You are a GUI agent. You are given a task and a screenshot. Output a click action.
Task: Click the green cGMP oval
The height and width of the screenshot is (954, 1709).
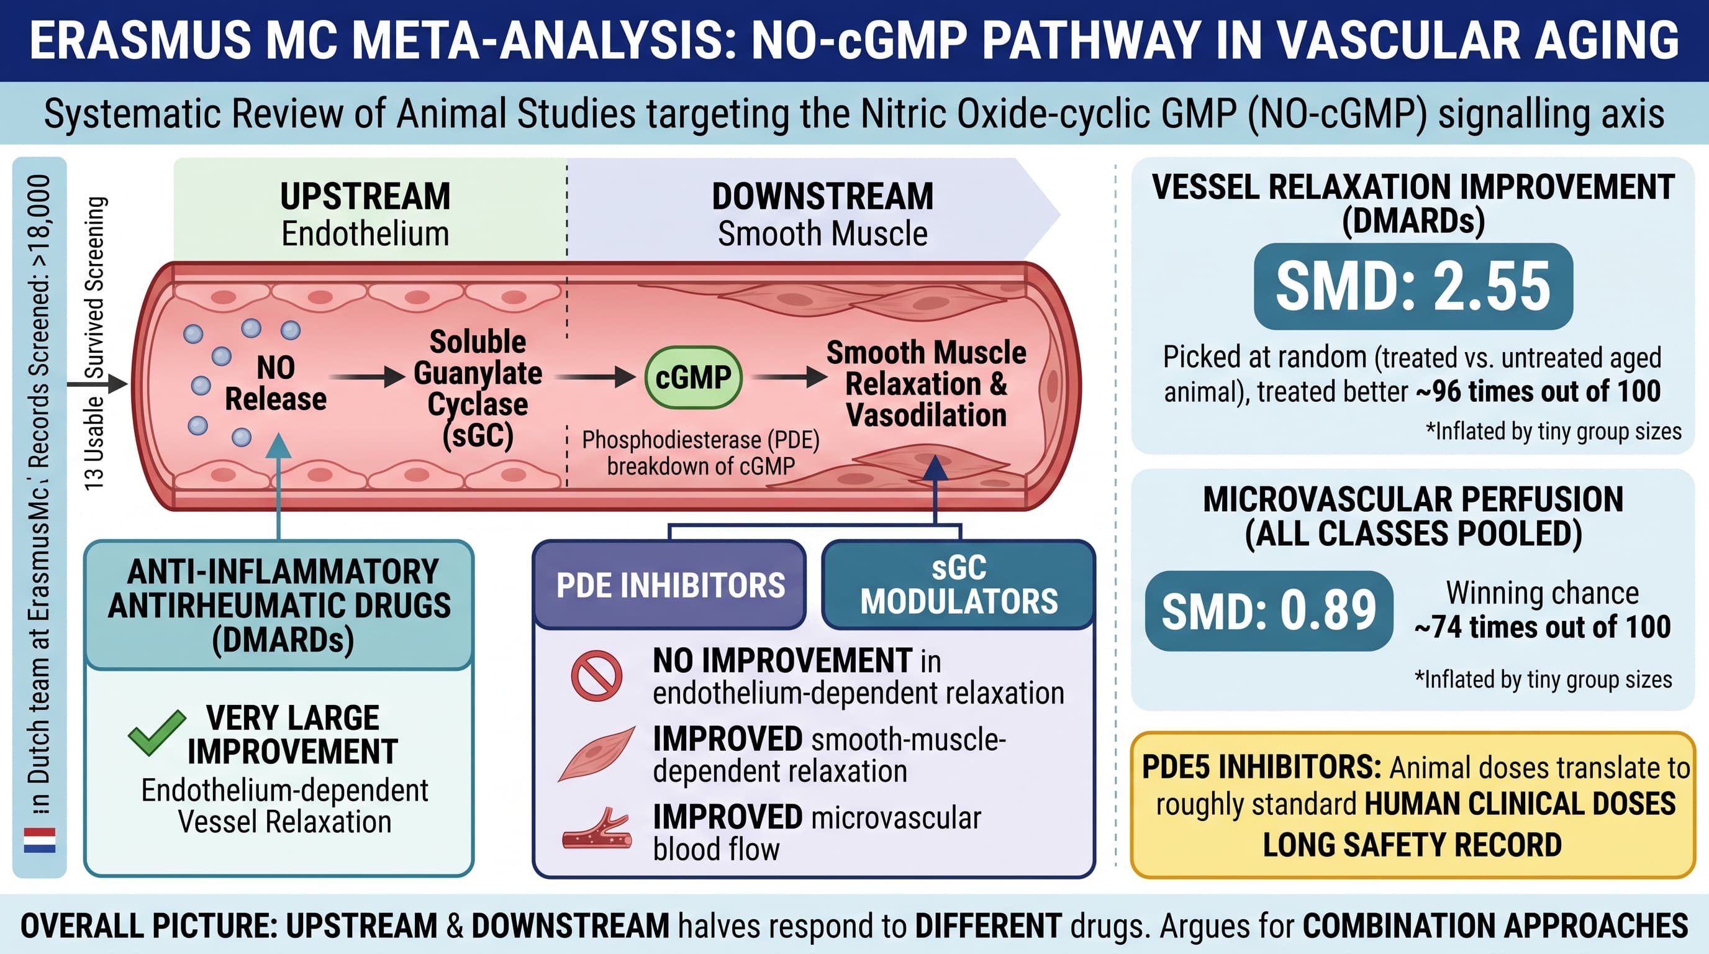692,377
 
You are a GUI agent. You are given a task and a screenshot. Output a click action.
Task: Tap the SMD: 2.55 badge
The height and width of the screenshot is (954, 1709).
1413,286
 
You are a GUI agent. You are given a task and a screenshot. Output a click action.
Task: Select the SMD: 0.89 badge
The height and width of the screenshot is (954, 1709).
1269,611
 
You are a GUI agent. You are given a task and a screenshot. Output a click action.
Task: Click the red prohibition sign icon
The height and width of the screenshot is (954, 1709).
596,676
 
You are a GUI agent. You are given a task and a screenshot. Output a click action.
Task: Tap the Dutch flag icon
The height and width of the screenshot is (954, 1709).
40,840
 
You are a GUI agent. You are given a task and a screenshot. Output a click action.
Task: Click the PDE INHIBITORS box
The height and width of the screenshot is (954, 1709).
669,584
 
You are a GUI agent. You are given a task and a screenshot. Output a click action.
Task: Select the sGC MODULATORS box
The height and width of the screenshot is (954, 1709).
958,584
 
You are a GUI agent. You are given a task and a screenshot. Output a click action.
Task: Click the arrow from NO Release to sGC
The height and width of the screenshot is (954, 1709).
367,377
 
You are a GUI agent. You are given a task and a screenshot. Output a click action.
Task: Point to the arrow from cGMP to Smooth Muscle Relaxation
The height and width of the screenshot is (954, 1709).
790,377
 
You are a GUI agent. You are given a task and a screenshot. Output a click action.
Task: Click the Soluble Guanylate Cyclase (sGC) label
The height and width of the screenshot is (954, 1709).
478,389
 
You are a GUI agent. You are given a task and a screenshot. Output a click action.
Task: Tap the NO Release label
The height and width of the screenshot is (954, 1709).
276,383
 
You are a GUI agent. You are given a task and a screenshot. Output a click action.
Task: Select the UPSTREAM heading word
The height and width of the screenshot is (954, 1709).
365,196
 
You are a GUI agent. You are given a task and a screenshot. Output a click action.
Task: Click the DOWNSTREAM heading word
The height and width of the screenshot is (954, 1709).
823,196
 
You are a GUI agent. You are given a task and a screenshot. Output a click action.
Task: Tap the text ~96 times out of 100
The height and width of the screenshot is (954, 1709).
1538,391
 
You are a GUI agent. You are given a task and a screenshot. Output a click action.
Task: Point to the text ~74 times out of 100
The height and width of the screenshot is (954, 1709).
1543,627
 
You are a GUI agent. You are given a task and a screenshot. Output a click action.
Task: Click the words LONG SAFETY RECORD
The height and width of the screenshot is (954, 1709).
1412,845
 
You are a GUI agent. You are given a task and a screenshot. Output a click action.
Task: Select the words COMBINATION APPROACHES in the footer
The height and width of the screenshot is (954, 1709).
1495,925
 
